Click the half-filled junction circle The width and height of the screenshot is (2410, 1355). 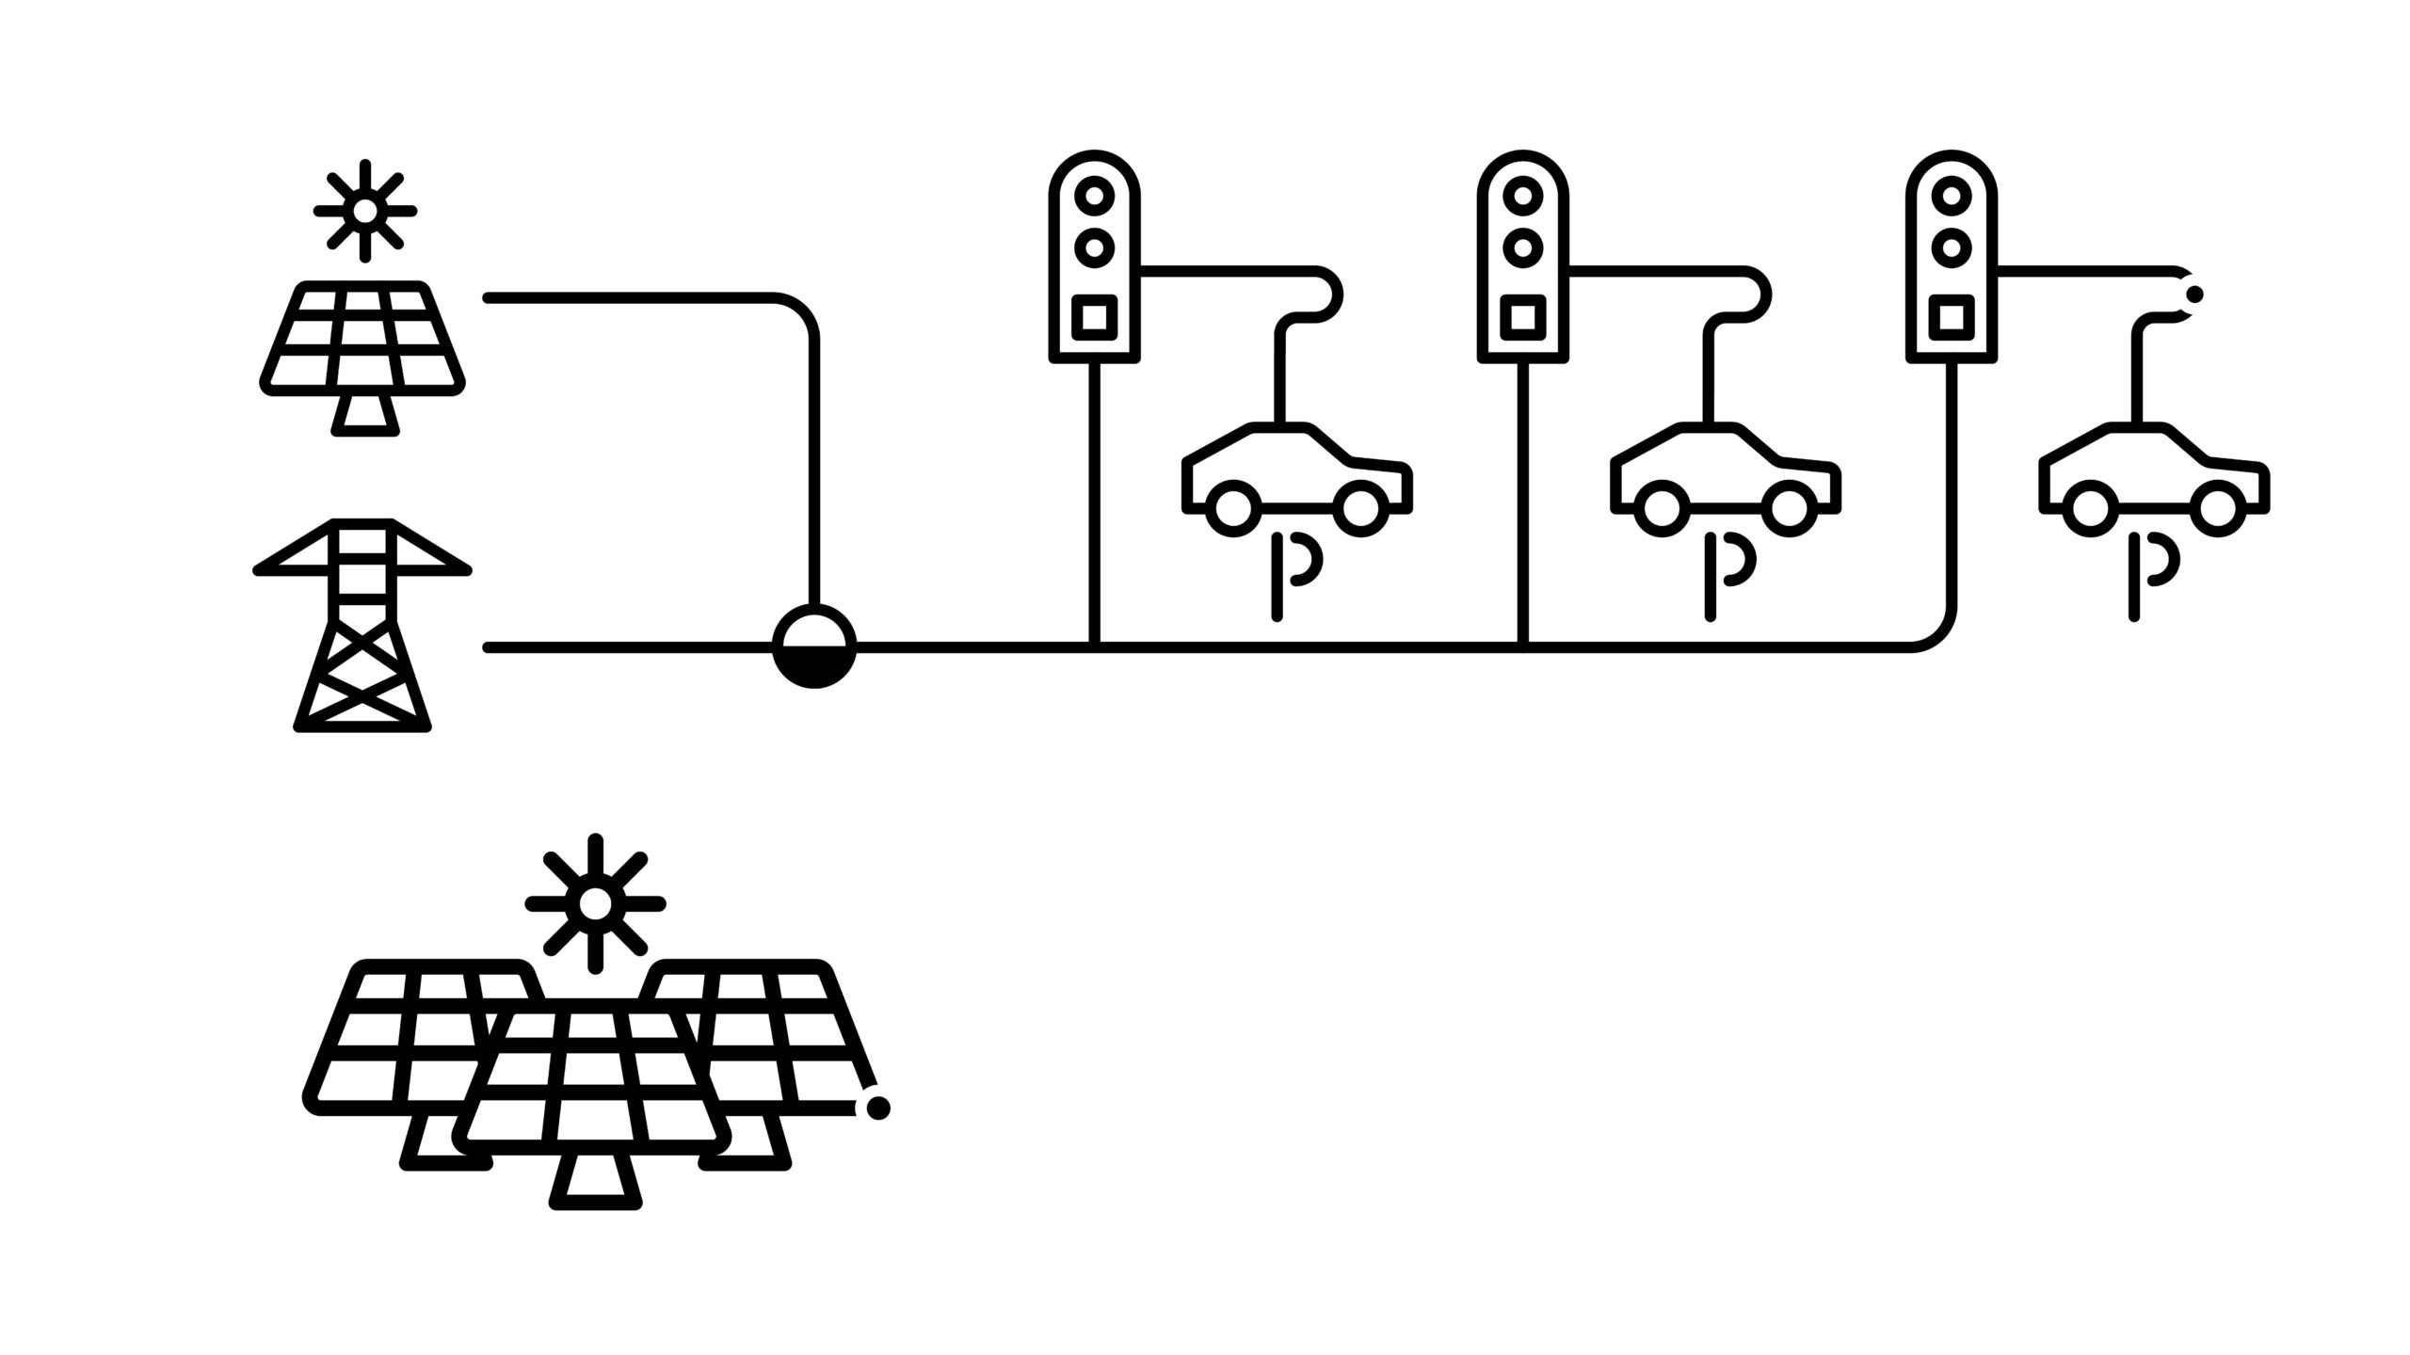(814, 646)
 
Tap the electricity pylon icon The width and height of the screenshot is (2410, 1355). (362, 626)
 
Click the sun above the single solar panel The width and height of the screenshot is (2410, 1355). (365, 211)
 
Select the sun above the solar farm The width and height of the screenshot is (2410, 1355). (595, 903)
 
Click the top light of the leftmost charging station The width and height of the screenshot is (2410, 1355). (1094, 197)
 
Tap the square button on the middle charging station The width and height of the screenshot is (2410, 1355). (1522, 317)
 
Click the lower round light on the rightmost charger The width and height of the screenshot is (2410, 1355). (1952, 247)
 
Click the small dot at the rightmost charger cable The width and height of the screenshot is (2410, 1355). (2194, 295)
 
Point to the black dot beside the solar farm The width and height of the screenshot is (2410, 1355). (877, 1108)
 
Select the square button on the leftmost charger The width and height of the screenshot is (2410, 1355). (1094, 317)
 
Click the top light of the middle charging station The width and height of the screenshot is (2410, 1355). (1522, 197)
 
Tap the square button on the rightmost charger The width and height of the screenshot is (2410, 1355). (1952, 317)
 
